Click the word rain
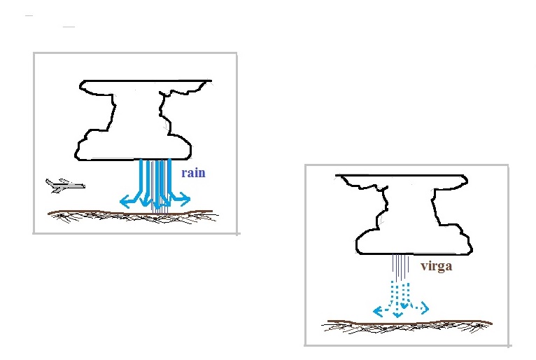(194, 173)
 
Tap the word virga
(437, 266)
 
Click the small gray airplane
(65, 186)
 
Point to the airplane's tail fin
(49, 182)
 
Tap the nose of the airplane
(83, 186)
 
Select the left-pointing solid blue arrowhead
(125, 202)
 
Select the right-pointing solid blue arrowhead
(185, 199)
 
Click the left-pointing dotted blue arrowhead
(377, 312)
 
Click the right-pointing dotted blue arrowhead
(425, 308)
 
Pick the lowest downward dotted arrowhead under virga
(397, 314)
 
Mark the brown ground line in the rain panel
(130, 213)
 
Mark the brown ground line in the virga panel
(409, 322)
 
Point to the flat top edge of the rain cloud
(147, 81)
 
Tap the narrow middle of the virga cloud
(410, 205)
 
